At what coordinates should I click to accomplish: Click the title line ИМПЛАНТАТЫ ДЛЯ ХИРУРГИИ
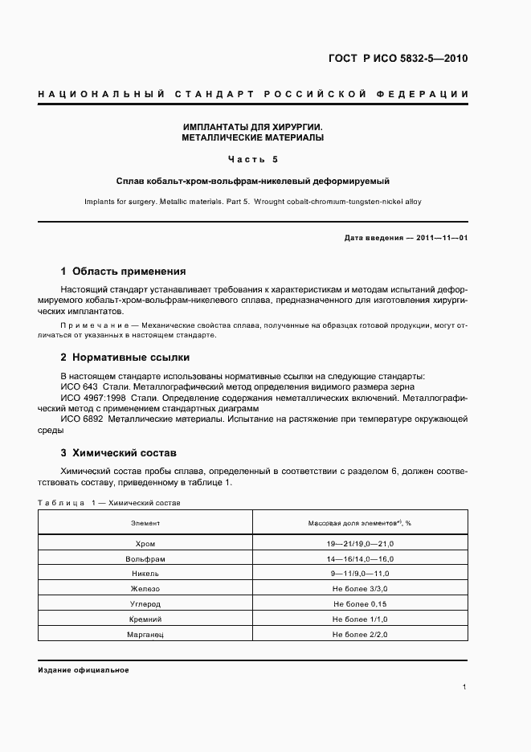(253, 127)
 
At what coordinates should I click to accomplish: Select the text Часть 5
(253, 159)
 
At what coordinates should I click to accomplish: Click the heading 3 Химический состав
(124, 453)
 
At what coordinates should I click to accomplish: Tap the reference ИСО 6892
(81, 419)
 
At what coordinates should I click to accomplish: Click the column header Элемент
(145, 523)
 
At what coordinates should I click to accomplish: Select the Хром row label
(145, 544)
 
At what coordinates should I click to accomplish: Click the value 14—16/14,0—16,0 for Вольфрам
(360, 559)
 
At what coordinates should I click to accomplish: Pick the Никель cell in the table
(145, 574)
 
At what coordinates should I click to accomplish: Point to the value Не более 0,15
(360, 604)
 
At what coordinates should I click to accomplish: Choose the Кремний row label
(145, 619)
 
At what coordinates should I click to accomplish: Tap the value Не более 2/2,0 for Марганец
(360, 635)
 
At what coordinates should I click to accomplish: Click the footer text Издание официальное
(84, 669)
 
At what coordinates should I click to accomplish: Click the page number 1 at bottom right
(465, 687)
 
